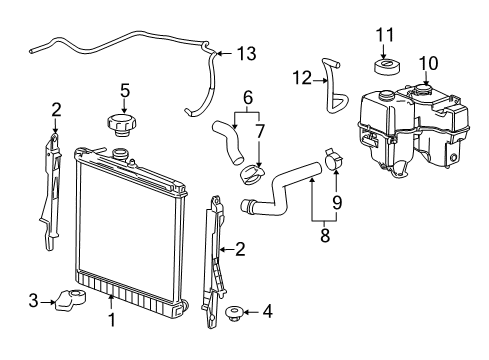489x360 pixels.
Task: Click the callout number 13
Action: tap(246, 54)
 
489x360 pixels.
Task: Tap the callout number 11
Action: tap(385, 35)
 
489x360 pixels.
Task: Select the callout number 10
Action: tap(428, 63)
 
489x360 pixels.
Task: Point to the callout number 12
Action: tap(302, 78)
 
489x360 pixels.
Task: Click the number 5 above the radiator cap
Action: tap(125, 90)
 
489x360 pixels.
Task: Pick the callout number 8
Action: tap(325, 235)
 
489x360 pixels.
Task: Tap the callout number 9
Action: tap(337, 202)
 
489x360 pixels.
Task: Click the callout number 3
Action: tap(33, 301)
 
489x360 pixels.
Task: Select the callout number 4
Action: tap(267, 311)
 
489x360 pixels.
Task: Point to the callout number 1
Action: tap(112, 320)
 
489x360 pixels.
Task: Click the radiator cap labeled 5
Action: tap(122, 125)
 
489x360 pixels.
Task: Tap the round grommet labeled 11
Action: tap(387, 67)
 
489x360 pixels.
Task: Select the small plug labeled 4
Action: tap(234, 314)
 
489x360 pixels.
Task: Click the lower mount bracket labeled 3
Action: tap(70, 300)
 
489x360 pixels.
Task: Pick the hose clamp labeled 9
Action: tap(333, 159)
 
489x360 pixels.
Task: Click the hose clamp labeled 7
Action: tap(253, 174)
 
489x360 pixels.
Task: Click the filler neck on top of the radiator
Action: tap(120, 155)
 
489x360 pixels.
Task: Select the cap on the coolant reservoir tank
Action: tap(422, 90)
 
